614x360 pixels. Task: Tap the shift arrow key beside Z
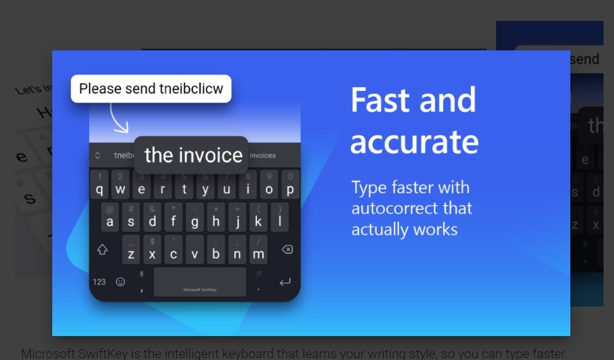(102, 250)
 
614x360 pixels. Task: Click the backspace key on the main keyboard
(286, 250)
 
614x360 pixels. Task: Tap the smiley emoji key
(120, 282)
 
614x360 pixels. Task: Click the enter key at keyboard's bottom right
(285, 283)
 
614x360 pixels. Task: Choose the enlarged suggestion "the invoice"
(193, 155)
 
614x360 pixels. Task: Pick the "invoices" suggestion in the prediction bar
(262, 155)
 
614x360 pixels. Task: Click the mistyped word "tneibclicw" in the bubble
(191, 88)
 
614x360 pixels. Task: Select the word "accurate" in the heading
(414, 141)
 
